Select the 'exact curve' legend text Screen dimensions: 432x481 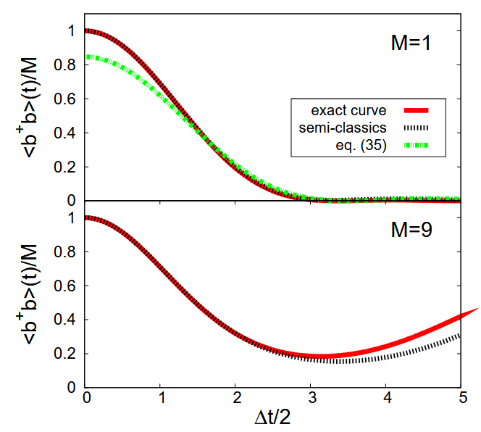[x=348, y=111]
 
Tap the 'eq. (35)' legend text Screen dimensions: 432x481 [x=358, y=146]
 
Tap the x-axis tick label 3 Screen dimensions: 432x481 [x=312, y=398]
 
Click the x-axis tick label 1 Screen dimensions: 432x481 [x=162, y=398]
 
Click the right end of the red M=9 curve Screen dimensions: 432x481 [x=476, y=310]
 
